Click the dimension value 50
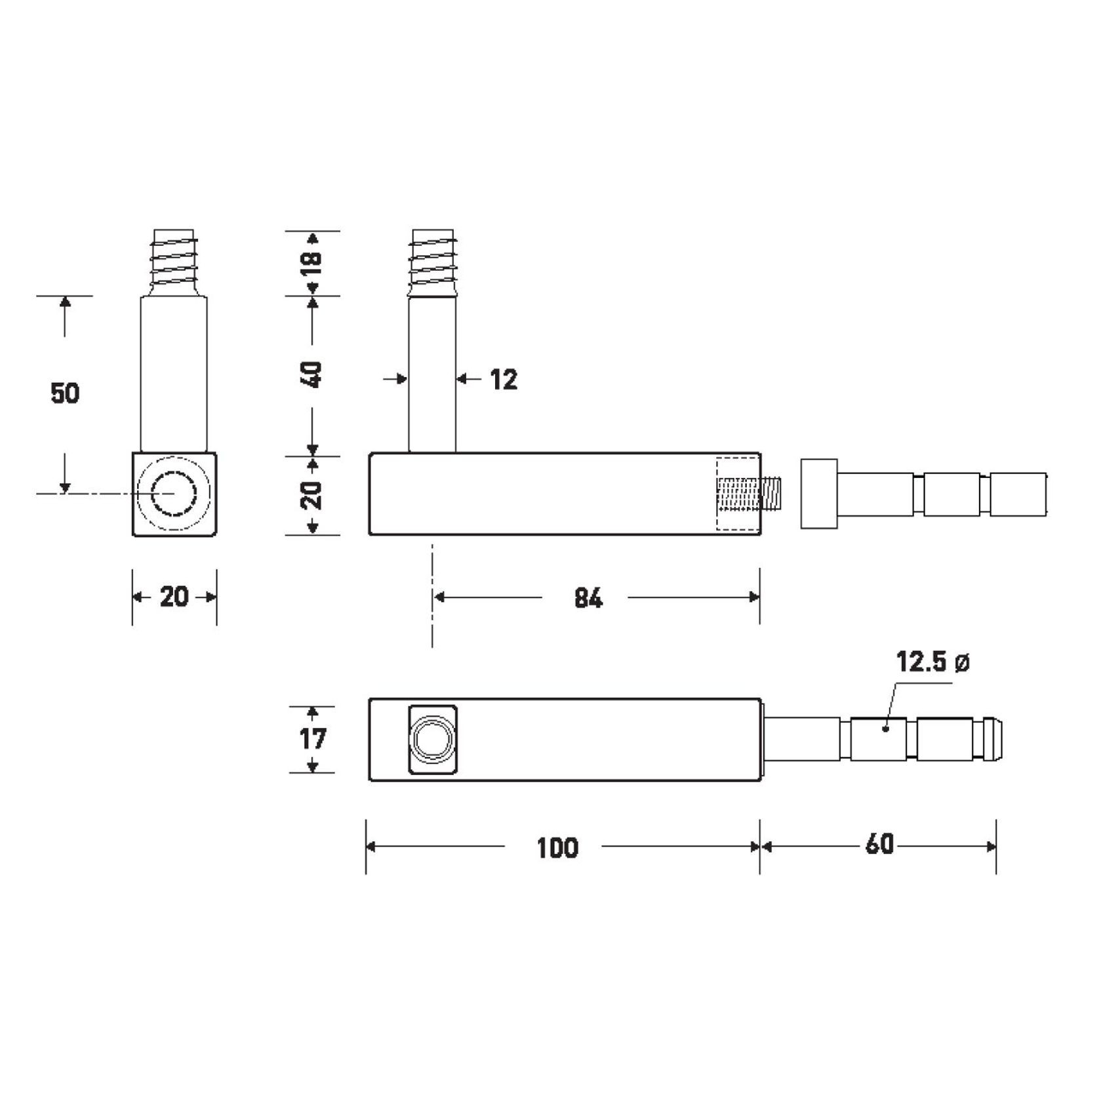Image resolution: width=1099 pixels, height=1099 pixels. (x=65, y=393)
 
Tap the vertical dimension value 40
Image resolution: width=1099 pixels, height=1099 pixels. (x=313, y=374)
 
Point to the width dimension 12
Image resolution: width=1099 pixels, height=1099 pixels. (x=504, y=380)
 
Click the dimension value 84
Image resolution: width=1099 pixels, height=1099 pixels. (x=588, y=598)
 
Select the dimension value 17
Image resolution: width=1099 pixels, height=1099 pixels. (x=313, y=739)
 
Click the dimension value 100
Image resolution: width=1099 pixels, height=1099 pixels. (x=557, y=848)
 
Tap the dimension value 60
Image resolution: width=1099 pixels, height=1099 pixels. (x=879, y=845)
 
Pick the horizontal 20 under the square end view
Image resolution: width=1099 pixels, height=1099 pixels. (x=174, y=597)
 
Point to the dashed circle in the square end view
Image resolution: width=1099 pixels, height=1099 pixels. (x=174, y=493)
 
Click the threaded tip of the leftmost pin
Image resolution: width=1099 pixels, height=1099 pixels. (x=174, y=262)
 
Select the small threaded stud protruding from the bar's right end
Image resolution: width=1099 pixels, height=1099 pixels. (x=769, y=495)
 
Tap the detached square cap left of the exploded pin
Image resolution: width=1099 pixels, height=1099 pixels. (x=818, y=493)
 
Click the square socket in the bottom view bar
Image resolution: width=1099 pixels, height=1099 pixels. (x=432, y=740)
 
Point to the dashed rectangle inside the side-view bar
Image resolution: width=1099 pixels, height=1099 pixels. (x=738, y=493)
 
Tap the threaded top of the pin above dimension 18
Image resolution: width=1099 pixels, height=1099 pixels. (x=432, y=262)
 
